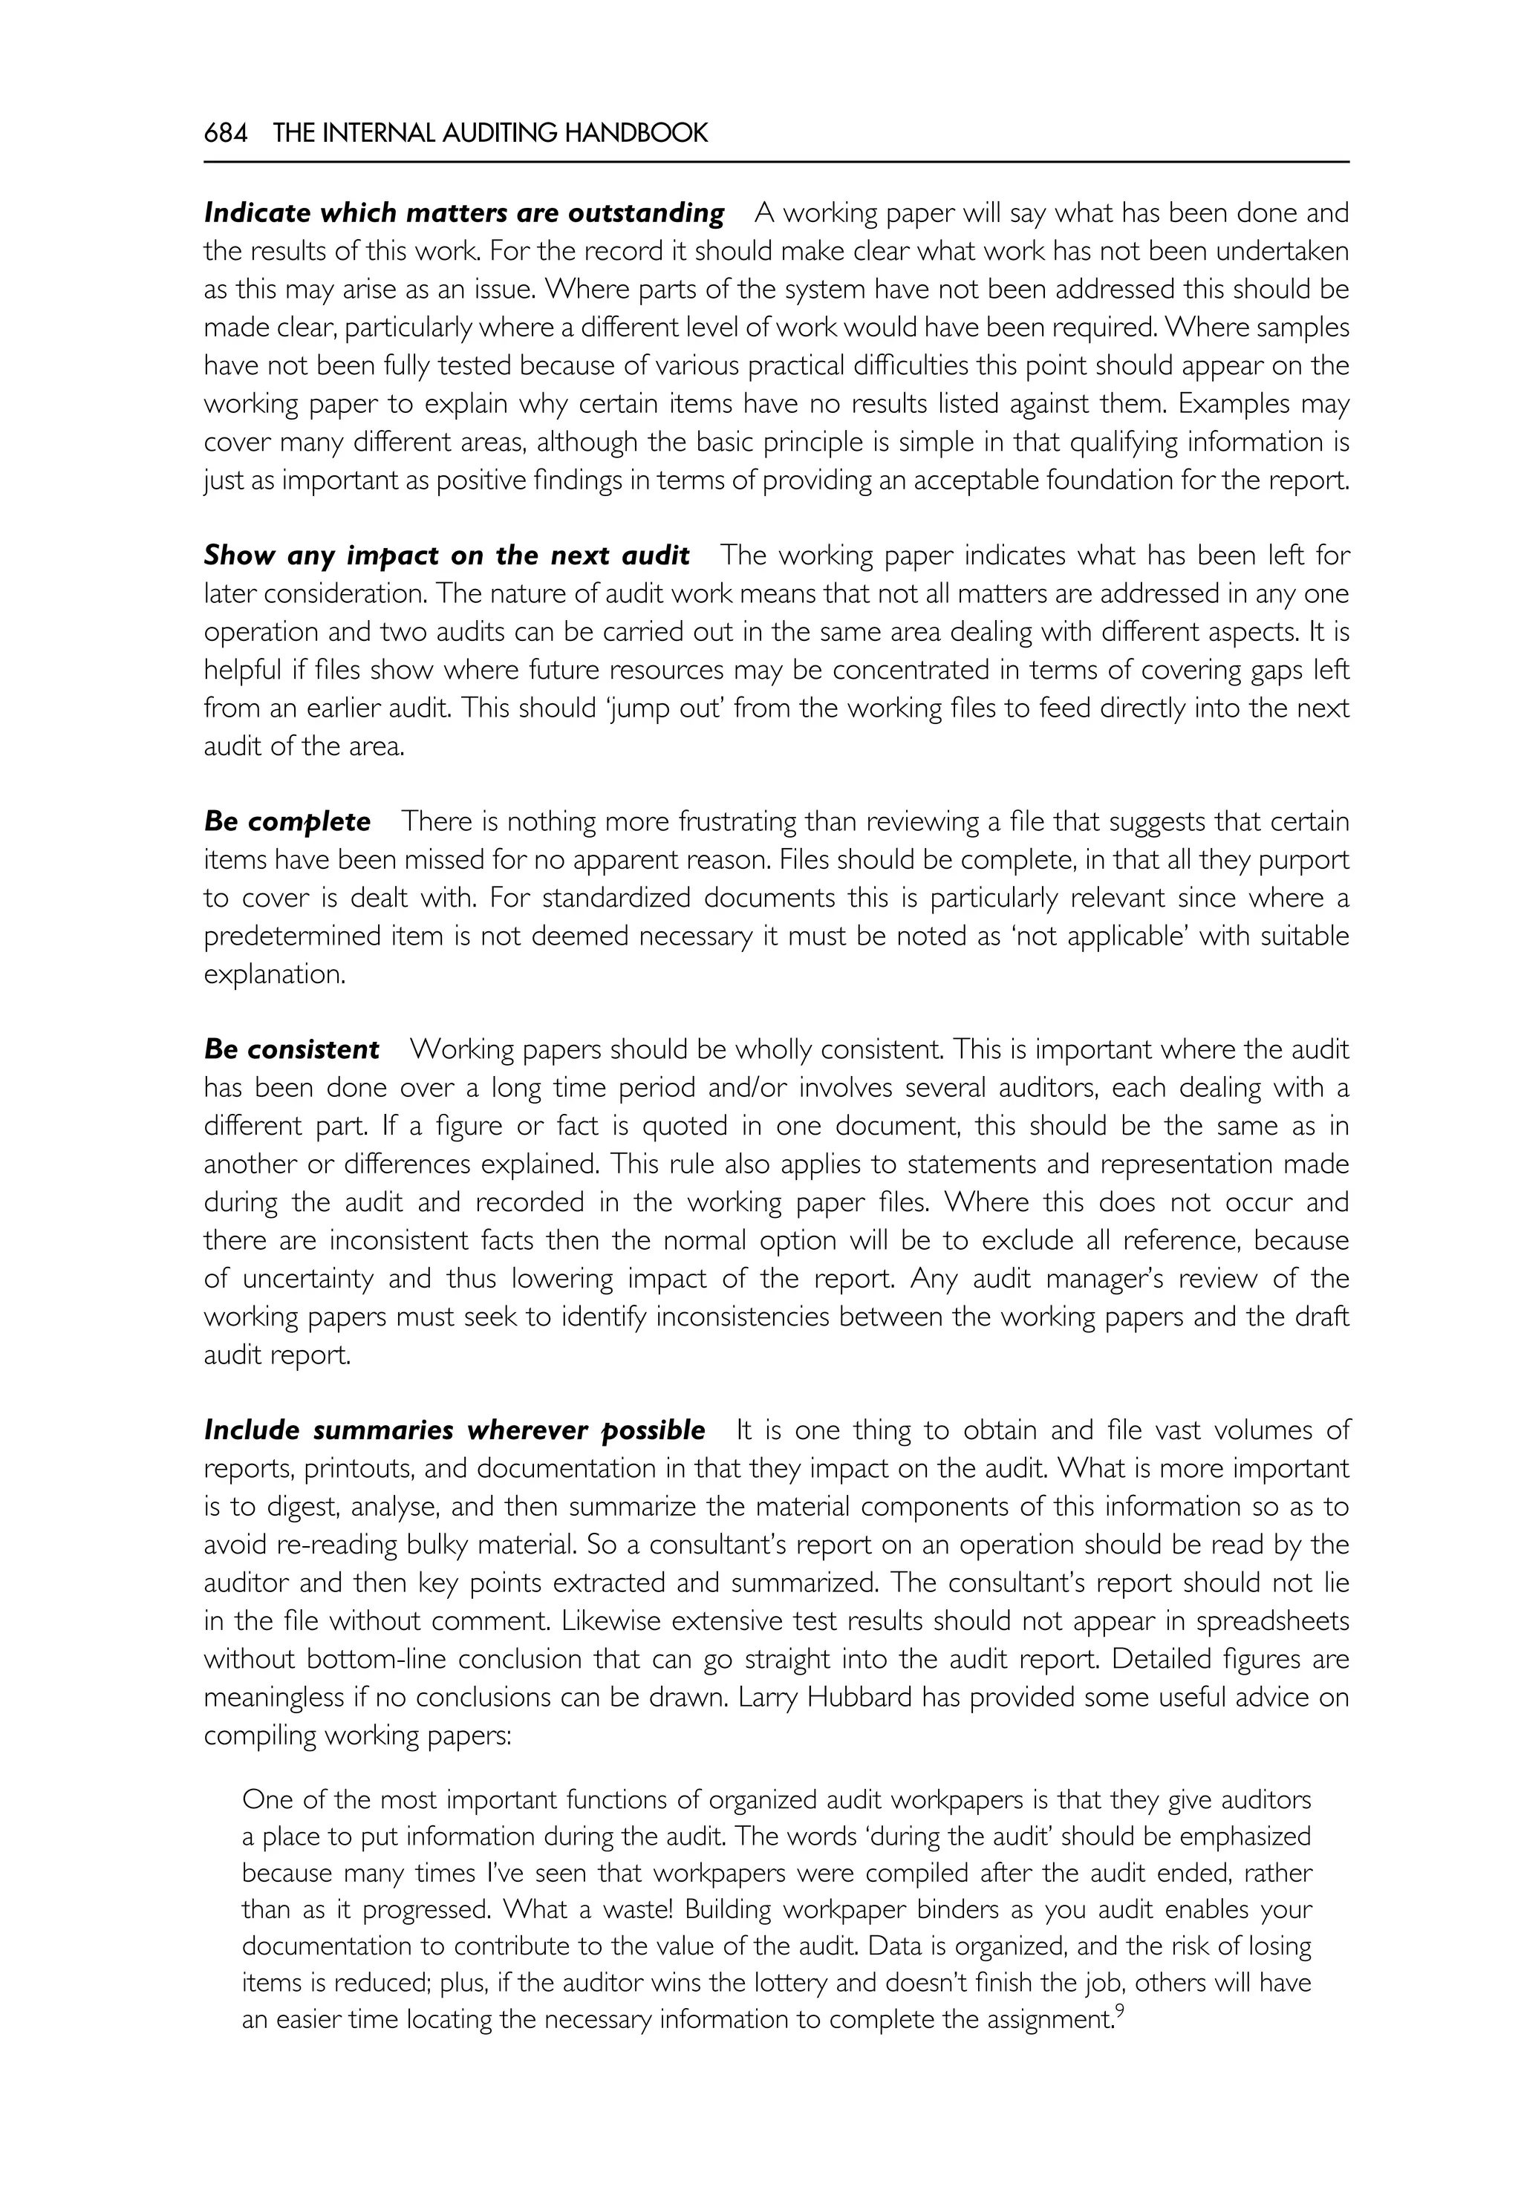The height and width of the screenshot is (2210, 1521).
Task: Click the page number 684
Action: (x=226, y=134)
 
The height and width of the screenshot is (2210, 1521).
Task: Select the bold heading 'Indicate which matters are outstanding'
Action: (x=464, y=212)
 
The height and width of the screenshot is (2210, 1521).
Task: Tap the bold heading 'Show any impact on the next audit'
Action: (x=446, y=555)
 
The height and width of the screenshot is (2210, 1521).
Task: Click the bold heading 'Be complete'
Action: (x=287, y=821)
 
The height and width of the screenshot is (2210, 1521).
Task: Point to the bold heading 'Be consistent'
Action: (x=292, y=1049)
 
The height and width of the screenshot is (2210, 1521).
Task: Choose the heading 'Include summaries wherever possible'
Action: (x=455, y=1430)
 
